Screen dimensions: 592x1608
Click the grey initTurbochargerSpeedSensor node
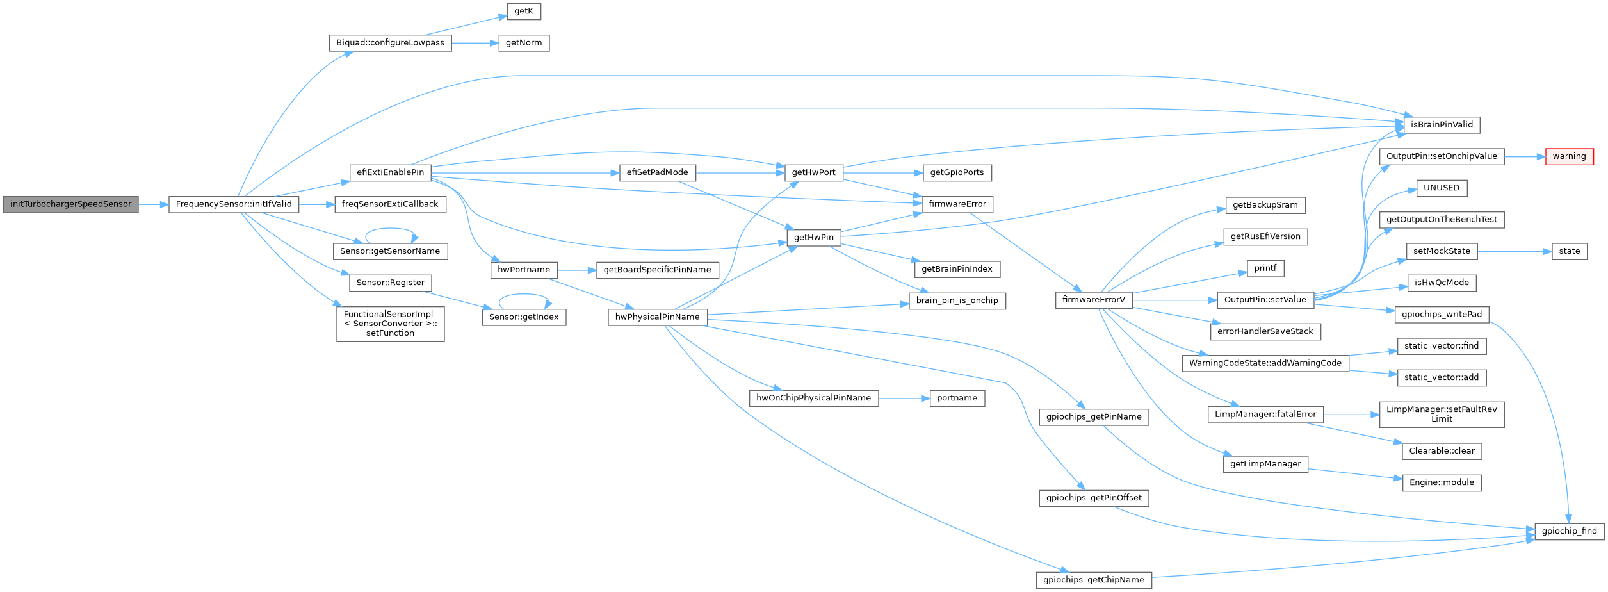pyautogui.click(x=70, y=204)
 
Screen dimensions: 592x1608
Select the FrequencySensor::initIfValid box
pyautogui.click(x=234, y=204)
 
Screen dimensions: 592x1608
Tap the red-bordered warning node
pyautogui.click(x=1569, y=156)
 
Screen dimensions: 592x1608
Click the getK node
pyautogui.click(x=524, y=11)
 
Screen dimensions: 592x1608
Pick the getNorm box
pyautogui.click(x=524, y=43)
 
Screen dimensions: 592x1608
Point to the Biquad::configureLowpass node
pyautogui.click(x=390, y=43)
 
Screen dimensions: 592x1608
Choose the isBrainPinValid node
pyautogui.click(x=1442, y=125)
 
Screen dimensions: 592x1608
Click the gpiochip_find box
pyautogui.click(x=1569, y=531)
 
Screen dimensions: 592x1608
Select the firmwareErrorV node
pyautogui.click(x=1093, y=300)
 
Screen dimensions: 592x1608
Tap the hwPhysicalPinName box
pyautogui.click(x=657, y=317)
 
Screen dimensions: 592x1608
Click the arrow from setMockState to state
pyautogui.click(x=1514, y=251)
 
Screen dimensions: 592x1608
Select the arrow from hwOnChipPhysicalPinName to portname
pyautogui.click(x=904, y=398)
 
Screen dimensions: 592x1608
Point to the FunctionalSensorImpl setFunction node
pyautogui.click(x=390, y=324)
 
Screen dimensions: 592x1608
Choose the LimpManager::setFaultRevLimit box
pyautogui.click(x=1442, y=414)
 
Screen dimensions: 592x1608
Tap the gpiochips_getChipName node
pyautogui.click(x=1093, y=580)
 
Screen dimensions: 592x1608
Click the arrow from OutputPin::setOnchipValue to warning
pyautogui.click(x=1524, y=156)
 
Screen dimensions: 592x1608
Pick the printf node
pyautogui.click(x=1265, y=268)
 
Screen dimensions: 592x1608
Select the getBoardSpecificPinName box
pyautogui.click(x=657, y=270)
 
